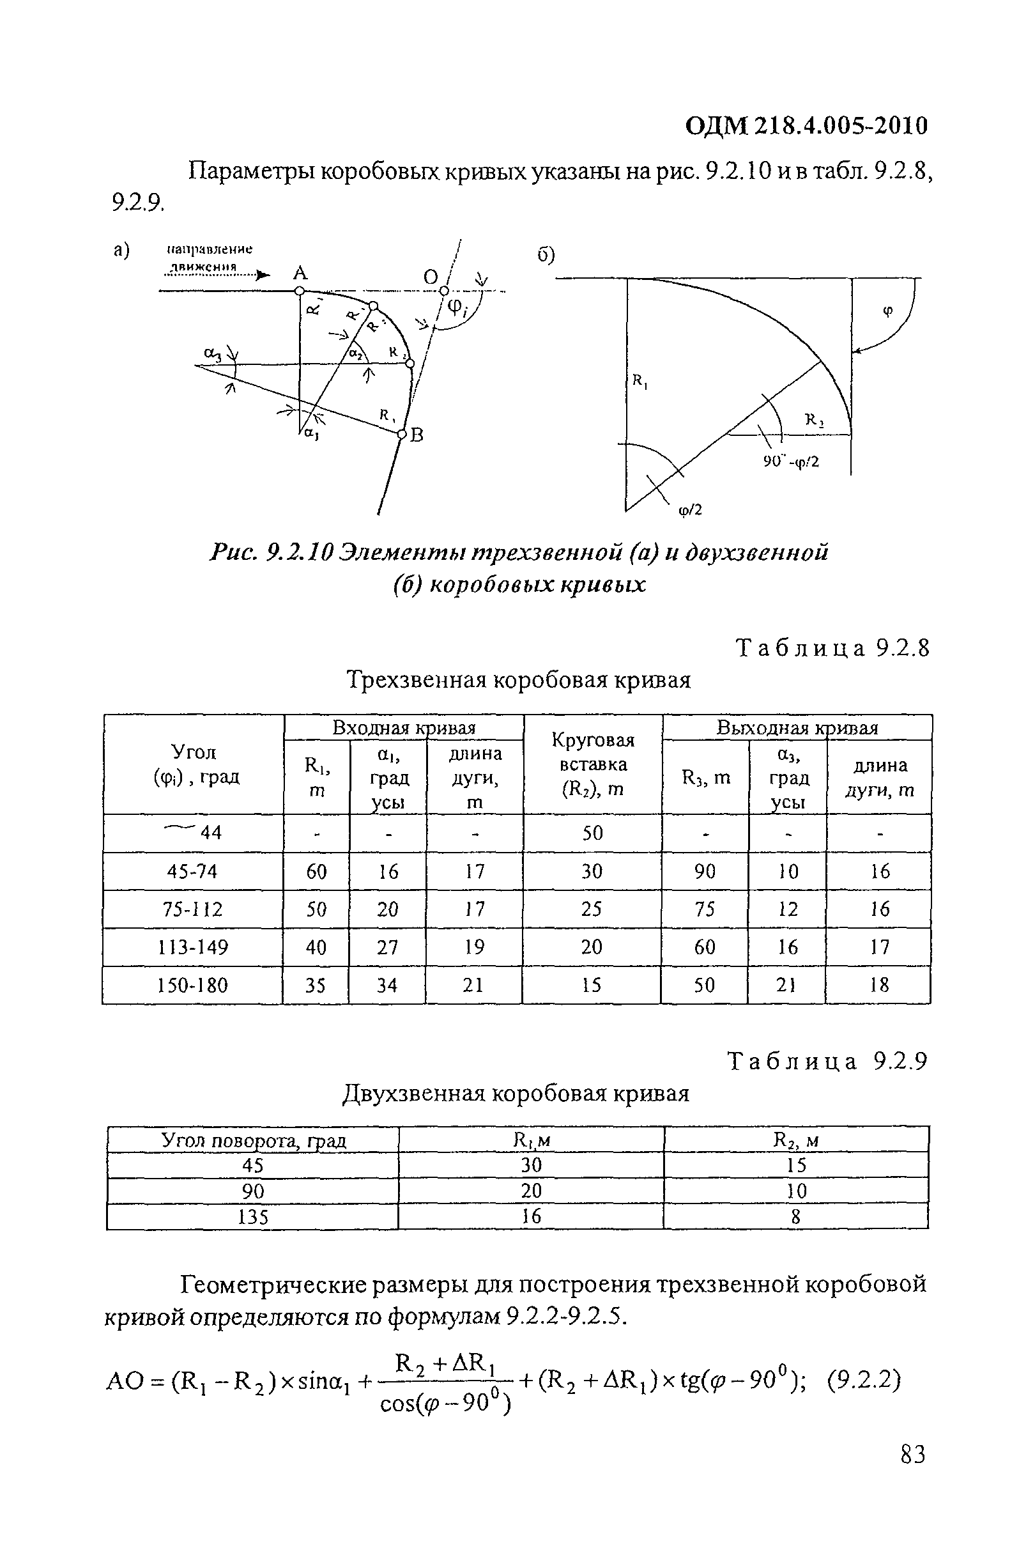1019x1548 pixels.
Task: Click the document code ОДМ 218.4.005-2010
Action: [x=806, y=126]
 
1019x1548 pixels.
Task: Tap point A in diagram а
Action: [x=300, y=291]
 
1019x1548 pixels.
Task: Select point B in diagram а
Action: [x=402, y=434]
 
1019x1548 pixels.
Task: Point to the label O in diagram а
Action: [x=431, y=278]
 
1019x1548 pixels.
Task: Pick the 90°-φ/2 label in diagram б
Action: [x=791, y=462]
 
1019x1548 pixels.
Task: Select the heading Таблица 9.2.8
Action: [x=832, y=649]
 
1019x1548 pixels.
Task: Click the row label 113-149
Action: [x=193, y=947]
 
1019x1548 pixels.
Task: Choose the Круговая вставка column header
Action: [x=592, y=764]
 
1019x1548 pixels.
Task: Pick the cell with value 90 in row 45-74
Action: [x=705, y=872]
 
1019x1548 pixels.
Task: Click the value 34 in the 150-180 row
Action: [x=387, y=986]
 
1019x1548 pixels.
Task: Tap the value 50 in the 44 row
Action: [x=592, y=833]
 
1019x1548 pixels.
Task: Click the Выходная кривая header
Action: [x=797, y=728]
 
